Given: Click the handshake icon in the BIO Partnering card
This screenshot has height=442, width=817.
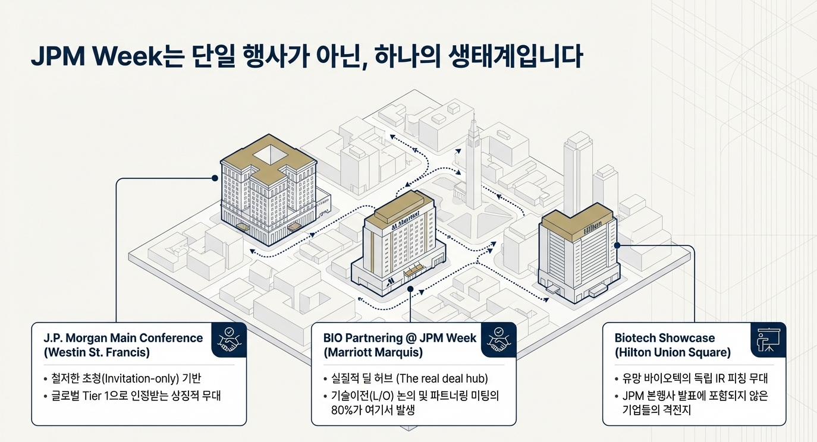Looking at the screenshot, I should click(x=498, y=340).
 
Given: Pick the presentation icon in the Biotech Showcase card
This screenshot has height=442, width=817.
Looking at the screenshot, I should click(x=768, y=340).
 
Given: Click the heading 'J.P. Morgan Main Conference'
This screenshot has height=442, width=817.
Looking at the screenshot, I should click(x=123, y=338).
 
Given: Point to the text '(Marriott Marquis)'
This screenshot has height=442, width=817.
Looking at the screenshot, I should click(x=373, y=352).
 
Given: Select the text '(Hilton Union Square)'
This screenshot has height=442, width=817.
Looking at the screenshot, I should click(x=673, y=352).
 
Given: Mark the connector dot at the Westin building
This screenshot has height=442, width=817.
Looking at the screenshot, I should click(x=215, y=177).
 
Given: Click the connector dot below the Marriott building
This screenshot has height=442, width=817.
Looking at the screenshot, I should click(x=411, y=289).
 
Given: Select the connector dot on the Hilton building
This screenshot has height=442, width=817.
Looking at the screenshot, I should click(x=617, y=245).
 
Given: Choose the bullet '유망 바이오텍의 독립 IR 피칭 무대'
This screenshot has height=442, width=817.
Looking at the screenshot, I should click(x=695, y=378).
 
